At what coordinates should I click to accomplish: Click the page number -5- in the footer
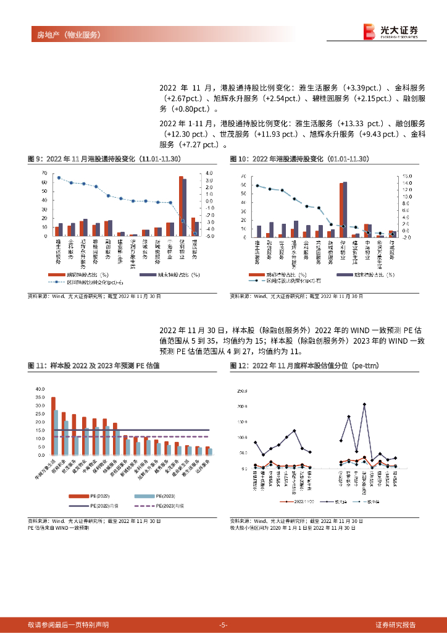(x=223, y=624)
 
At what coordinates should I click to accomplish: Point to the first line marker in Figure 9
(x=59, y=177)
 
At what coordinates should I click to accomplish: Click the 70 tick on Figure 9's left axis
(x=44, y=173)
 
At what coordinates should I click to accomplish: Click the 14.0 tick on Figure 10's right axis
(x=407, y=183)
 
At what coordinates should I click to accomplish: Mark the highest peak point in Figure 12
(x=365, y=404)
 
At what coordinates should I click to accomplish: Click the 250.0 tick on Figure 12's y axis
(x=241, y=391)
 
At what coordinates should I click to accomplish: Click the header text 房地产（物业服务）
(x=65, y=34)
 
